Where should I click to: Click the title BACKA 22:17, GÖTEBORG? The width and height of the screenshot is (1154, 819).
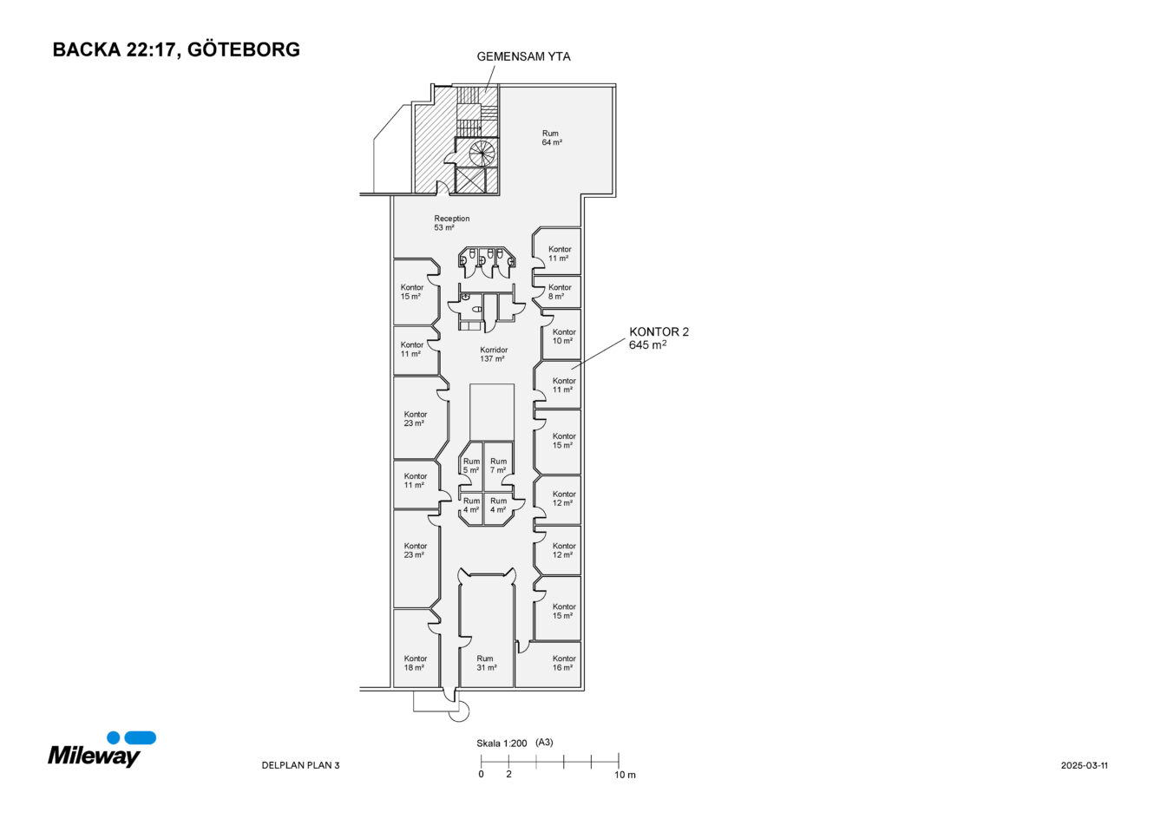tap(176, 49)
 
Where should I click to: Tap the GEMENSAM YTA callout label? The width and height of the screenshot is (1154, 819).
tap(523, 57)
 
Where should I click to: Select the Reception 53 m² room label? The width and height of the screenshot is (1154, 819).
tap(451, 223)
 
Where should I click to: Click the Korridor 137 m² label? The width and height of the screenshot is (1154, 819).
tap(493, 354)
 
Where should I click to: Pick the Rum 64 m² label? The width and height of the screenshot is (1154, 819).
tap(551, 138)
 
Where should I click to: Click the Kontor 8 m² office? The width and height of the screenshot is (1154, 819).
tap(560, 292)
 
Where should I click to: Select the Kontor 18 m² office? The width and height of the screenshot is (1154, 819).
tap(416, 663)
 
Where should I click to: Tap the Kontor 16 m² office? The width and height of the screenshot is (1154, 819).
tap(563, 663)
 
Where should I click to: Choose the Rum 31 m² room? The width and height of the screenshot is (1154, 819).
tap(485, 663)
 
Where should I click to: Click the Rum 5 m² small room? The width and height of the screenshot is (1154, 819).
tap(471, 466)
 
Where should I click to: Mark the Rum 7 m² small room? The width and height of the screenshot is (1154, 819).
tap(497, 466)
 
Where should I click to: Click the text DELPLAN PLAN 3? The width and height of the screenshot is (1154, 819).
tap(300, 765)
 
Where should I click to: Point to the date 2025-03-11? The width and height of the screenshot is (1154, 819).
tap(1084, 765)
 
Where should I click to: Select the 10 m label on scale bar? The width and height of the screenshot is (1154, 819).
tap(625, 775)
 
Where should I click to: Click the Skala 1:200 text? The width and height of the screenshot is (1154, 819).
tap(502, 744)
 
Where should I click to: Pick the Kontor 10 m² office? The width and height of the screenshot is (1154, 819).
tap(563, 337)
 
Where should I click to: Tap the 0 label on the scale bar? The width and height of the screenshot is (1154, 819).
tap(481, 775)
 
